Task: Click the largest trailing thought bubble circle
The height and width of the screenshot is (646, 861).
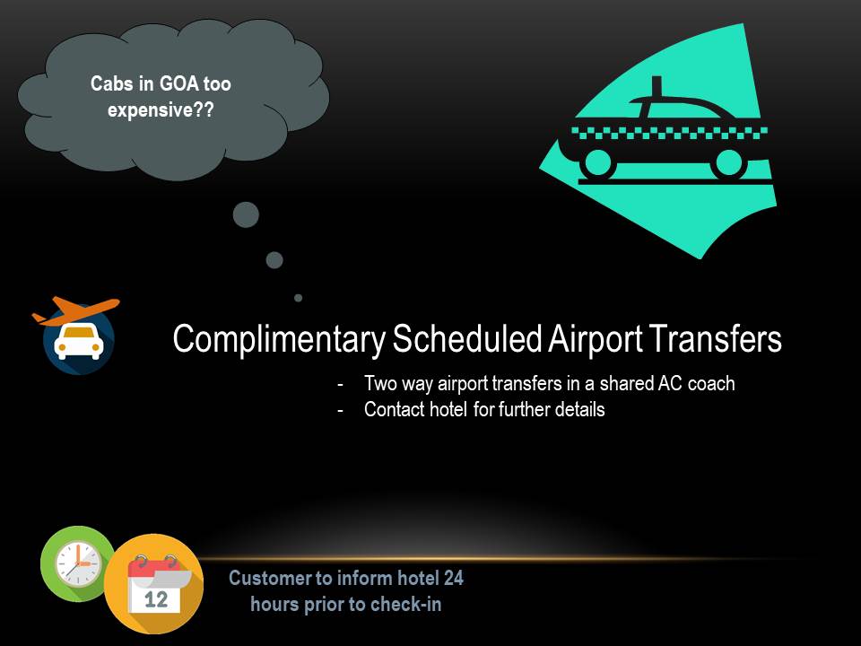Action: pyautogui.click(x=246, y=214)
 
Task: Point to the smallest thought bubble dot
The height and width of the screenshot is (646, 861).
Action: pyautogui.click(x=298, y=298)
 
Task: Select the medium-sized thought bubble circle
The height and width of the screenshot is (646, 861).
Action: pyautogui.click(x=274, y=260)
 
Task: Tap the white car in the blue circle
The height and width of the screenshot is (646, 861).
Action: pyautogui.click(x=79, y=342)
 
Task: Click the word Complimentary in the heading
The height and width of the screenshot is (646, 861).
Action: pyautogui.click(x=279, y=339)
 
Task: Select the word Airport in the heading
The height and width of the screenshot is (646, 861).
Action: pyautogui.click(x=595, y=339)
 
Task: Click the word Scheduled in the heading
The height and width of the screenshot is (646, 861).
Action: pyautogui.click(x=467, y=338)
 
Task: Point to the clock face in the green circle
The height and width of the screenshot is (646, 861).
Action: pyautogui.click(x=78, y=564)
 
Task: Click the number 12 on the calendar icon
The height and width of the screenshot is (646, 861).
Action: pyautogui.click(x=156, y=599)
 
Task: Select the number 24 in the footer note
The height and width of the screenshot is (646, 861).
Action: pyautogui.click(x=454, y=578)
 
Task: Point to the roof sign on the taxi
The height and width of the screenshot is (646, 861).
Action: pyautogui.click(x=657, y=87)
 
